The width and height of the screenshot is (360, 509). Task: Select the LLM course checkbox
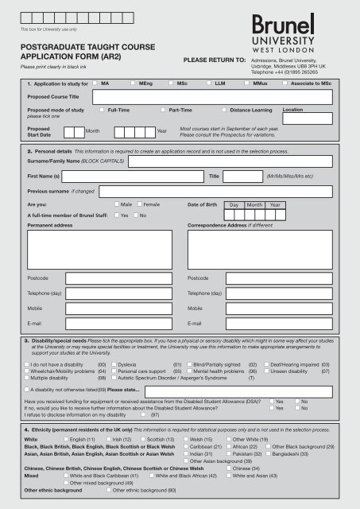[208, 82]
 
